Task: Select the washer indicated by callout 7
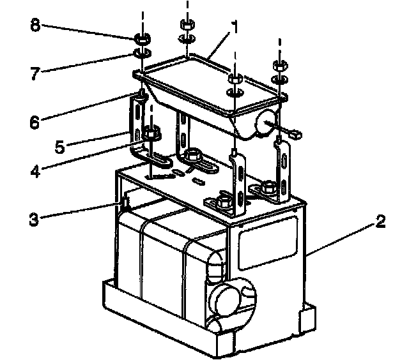tap(141, 52)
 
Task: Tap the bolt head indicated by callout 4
tap(151, 135)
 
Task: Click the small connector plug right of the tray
tap(296, 134)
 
